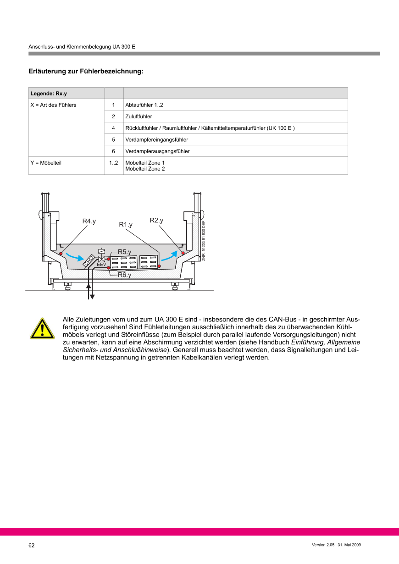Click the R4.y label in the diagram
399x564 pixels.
coord(89,221)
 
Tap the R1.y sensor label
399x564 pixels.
coord(126,225)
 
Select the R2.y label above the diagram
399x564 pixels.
coord(156,221)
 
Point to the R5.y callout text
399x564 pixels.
coord(124,252)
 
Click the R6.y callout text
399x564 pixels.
coord(124,275)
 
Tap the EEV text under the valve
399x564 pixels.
coord(101,265)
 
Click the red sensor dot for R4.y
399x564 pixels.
coord(61,253)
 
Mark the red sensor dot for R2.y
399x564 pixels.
coord(183,253)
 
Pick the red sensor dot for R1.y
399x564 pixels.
coord(159,266)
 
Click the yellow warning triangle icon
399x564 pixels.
coord(42,328)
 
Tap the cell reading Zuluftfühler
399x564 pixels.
coord(139,116)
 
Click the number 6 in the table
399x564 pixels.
coord(113,151)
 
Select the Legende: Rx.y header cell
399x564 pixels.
coord(49,94)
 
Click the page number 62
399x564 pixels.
coord(32,545)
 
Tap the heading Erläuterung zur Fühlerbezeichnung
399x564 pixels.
coord(86,72)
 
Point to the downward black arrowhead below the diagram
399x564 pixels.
coord(92,296)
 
